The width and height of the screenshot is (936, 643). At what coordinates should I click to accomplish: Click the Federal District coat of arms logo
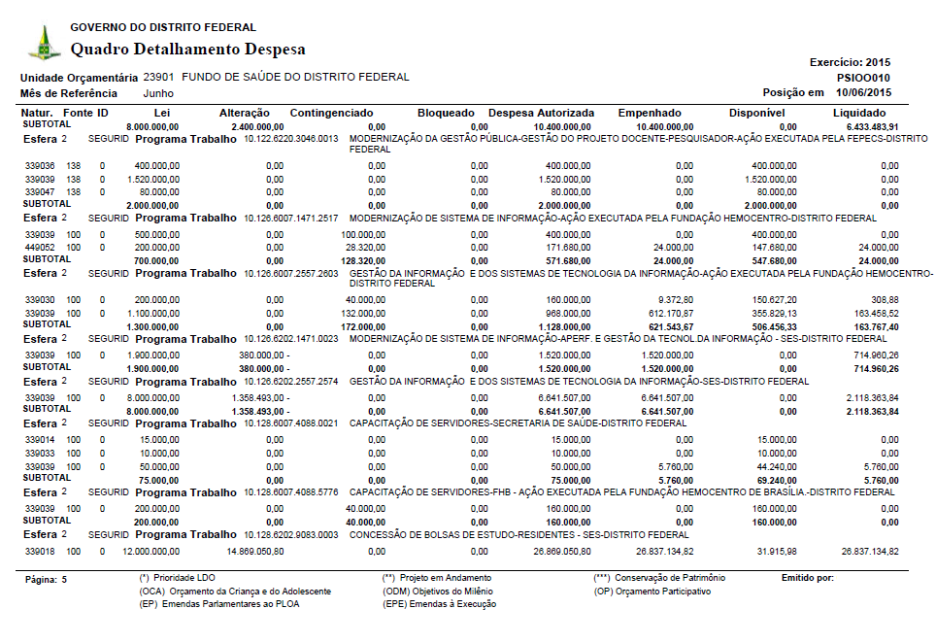[x=44, y=42]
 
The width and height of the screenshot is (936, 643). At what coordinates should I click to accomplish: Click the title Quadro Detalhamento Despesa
[x=188, y=50]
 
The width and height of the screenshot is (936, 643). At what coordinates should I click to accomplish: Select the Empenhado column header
[x=650, y=114]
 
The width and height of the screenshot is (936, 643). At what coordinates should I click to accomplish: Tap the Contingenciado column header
[x=331, y=114]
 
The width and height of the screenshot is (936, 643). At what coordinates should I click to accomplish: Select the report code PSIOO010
[x=863, y=78]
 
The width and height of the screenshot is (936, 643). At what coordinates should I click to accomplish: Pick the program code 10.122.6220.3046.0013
[x=290, y=139]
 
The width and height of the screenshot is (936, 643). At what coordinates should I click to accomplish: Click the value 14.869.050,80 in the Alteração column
[x=243, y=552]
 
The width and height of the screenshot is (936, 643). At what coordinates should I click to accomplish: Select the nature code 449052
[x=40, y=248]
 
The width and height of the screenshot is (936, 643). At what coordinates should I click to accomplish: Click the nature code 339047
[x=40, y=192]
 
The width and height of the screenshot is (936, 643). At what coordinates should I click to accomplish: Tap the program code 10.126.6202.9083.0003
[x=290, y=535]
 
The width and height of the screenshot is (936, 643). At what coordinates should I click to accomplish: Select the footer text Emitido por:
[x=807, y=578]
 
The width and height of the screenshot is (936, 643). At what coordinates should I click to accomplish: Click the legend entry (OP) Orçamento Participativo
[x=652, y=591]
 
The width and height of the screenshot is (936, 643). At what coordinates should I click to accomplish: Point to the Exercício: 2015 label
[x=850, y=62]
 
